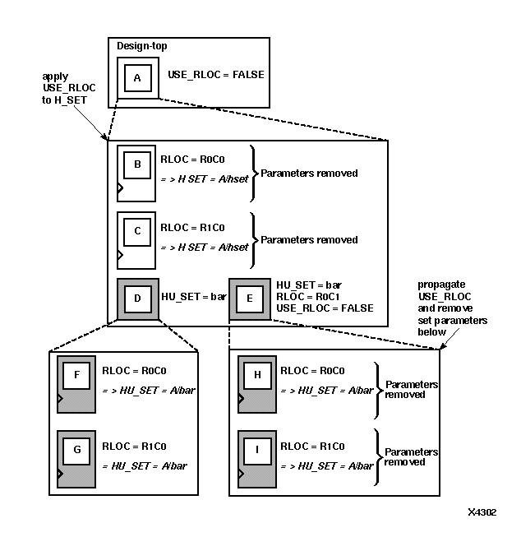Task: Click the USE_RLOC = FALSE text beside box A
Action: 216,75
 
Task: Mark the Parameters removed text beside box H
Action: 411,389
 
